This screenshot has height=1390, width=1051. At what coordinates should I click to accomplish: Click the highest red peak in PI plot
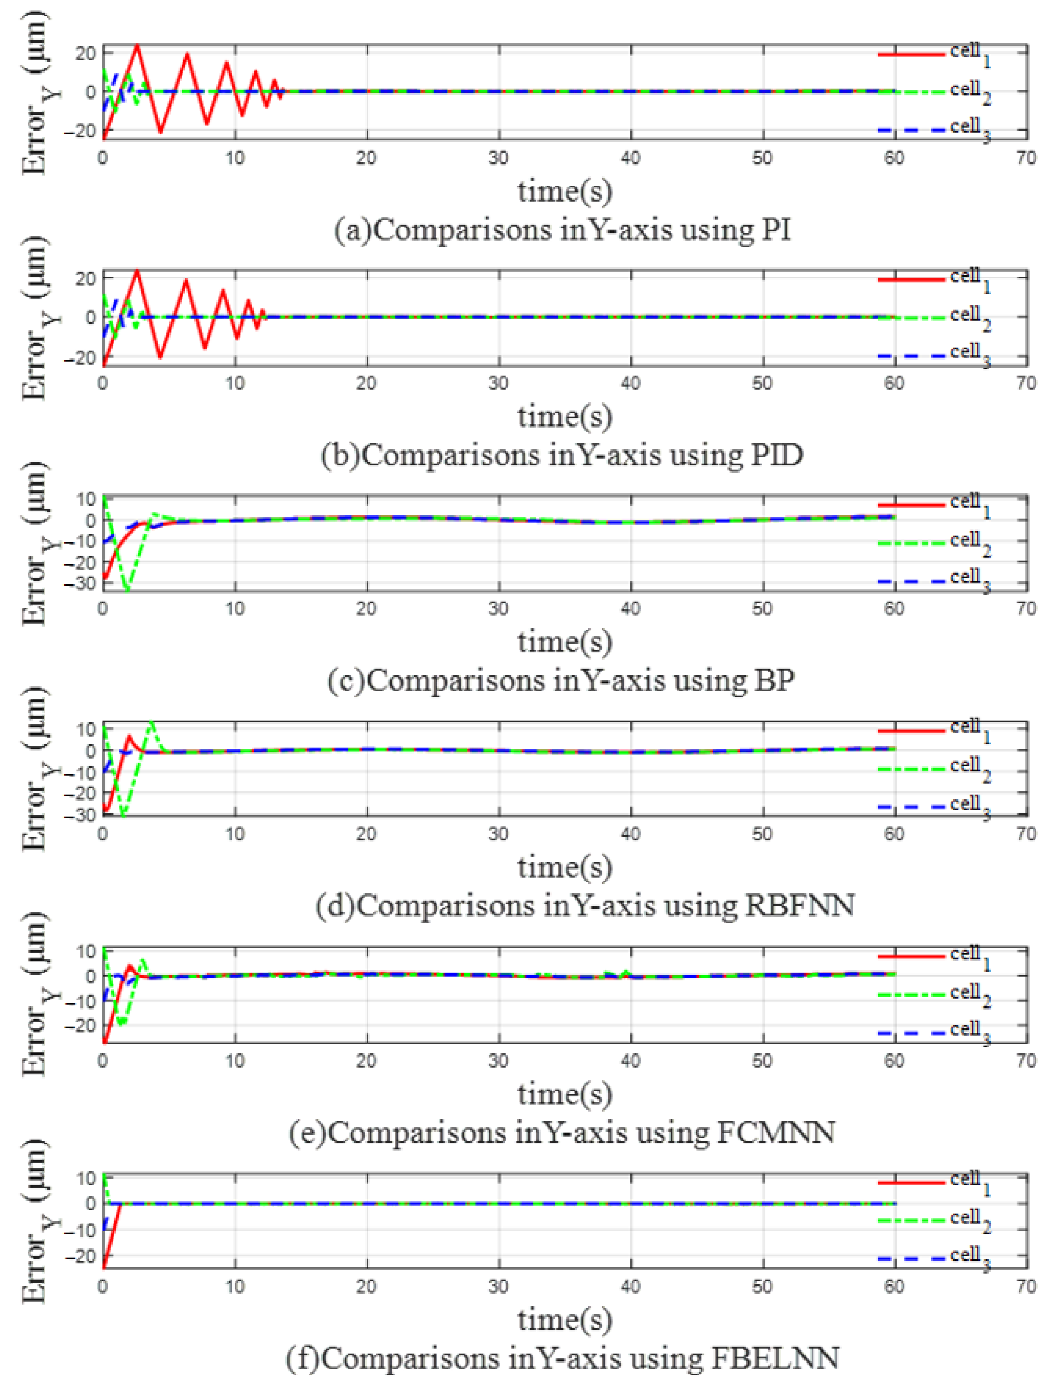(137, 45)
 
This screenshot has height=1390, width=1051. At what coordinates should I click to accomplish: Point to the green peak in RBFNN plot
(151, 722)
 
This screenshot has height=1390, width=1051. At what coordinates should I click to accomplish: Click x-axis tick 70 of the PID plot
(1025, 383)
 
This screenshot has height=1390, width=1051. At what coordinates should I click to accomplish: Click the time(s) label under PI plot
(564, 191)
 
